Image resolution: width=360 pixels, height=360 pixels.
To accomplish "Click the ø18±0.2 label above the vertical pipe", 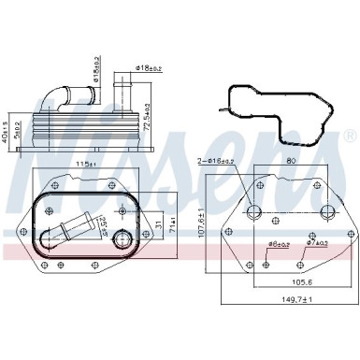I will pyautogui.click(x=151, y=68).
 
